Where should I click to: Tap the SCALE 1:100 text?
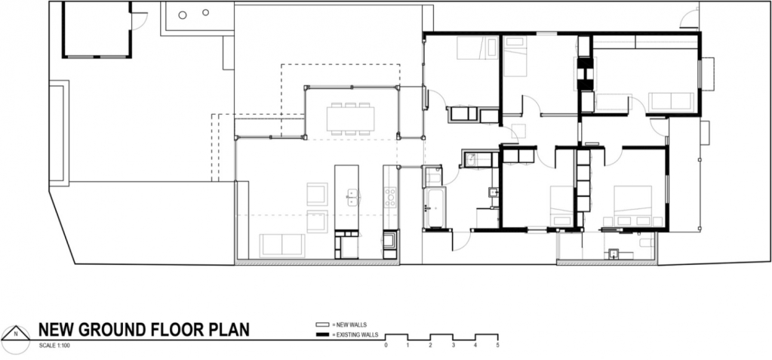(54, 346)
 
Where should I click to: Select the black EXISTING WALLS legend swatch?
(322, 335)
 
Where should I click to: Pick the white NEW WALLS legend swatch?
(322, 325)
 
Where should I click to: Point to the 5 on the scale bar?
(498, 345)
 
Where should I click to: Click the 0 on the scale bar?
(386, 345)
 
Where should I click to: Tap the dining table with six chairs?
(351, 118)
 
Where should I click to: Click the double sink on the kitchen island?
(352, 197)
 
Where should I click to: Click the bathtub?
(435, 208)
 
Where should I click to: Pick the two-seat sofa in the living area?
(281, 245)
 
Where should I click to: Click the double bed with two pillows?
(632, 206)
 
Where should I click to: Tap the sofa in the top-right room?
(671, 102)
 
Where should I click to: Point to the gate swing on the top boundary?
(689, 19)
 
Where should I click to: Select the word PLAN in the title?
(229, 329)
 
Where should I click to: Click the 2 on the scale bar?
(430, 345)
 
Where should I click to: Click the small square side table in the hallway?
(518, 131)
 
